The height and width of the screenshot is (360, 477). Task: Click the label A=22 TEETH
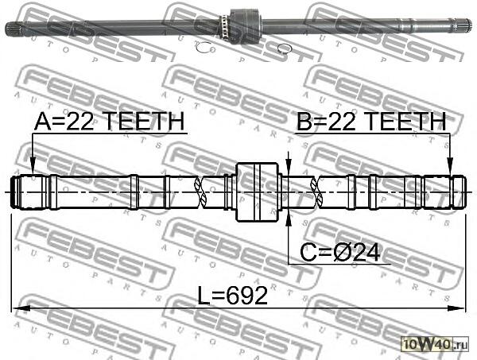click(109, 122)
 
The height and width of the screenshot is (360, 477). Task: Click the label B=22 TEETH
click(370, 122)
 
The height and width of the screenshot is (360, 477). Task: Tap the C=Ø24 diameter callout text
click(341, 253)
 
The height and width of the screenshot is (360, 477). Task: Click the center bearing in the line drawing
click(259, 192)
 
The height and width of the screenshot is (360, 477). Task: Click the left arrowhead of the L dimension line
click(17, 308)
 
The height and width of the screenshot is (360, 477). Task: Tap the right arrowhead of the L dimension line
click(460, 308)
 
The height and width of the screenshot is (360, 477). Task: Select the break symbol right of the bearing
click(318, 192)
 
